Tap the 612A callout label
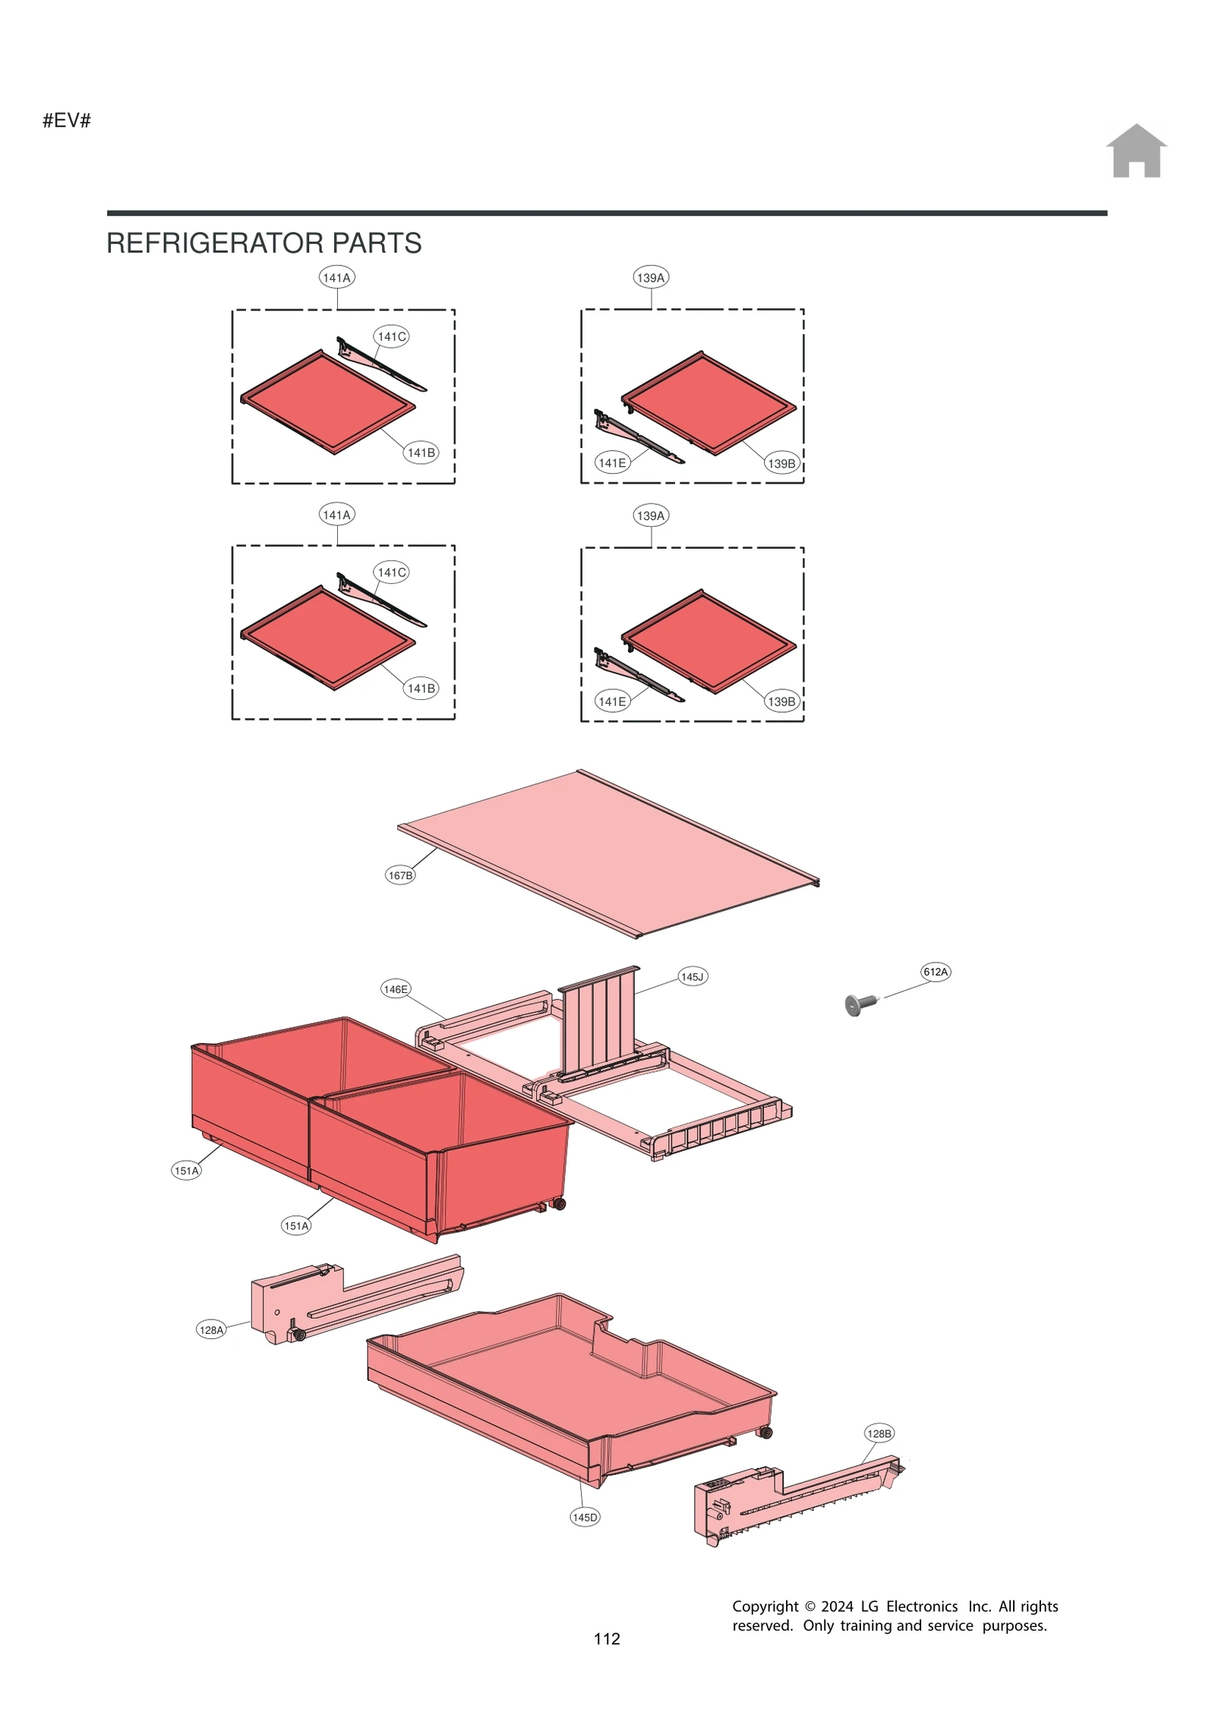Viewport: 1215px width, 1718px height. click(x=935, y=971)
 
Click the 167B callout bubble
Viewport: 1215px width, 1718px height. click(x=400, y=875)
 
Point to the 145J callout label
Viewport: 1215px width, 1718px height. click(x=692, y=976)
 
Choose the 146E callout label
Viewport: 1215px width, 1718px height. click(x=396, y=988)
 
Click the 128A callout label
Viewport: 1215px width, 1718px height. click(x=211, y=1329)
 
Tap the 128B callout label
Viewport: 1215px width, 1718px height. click(x=879, y=1433)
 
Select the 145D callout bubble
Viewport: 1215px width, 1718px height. click(x=585, y=1516)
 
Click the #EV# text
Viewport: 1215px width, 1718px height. click(x=67, y=120)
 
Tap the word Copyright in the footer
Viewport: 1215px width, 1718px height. click(x=764, y=1606)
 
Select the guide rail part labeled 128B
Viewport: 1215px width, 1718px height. click(x=790, y=1499)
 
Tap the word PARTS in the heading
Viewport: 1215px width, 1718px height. click(x=376, y=243)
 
